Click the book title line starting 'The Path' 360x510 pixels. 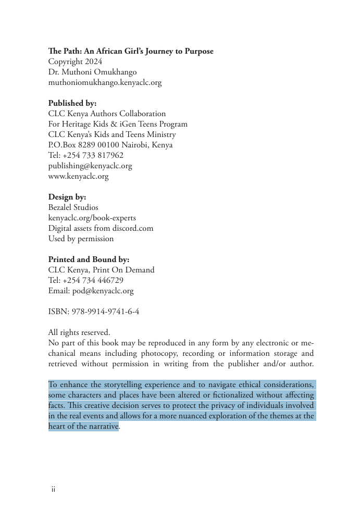tap(131, 51)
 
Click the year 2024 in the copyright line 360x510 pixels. tap(94, 61)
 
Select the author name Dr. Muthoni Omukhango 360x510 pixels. tap(92, 72)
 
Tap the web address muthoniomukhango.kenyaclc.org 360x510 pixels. tap(105, 82)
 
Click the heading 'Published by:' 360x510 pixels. tap(72, 103)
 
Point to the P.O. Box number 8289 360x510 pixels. tap(86, 145)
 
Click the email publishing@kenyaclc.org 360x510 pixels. tap(90, 166)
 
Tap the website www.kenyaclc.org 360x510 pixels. tap(78, 176)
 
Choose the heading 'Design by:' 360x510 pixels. tap(67, 197)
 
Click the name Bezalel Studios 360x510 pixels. tap(73, 207)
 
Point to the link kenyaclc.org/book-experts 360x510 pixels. tap(92, 218)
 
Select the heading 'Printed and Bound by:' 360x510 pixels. tap(89, 259)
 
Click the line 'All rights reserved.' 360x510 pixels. tap(79, 332)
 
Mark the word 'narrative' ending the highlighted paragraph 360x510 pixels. tap(102, 426)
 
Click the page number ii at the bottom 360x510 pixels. tap(53, 489)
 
